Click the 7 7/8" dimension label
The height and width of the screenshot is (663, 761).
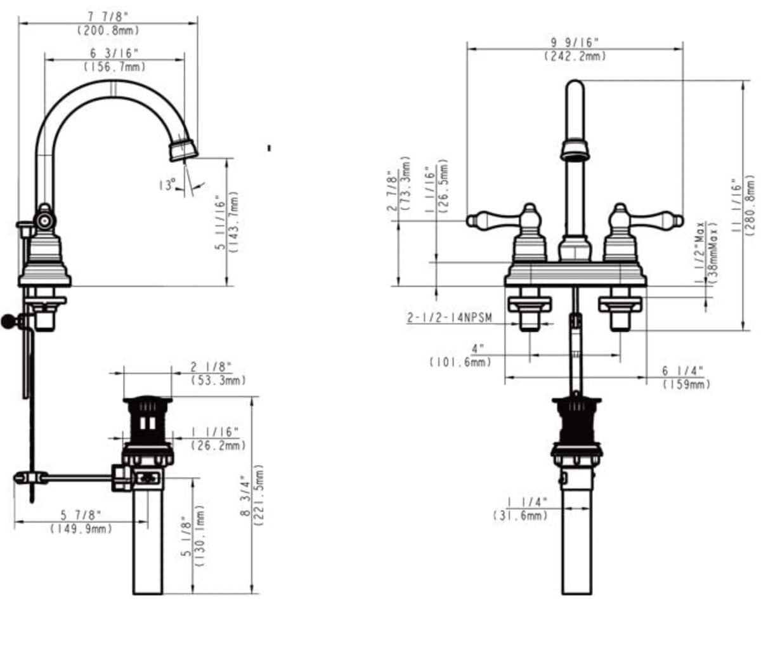coord(108,16)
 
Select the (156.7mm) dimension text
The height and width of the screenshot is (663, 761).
coord(115,66)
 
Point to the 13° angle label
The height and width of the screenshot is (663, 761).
coord(167,185)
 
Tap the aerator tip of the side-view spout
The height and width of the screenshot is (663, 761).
coord(183,150)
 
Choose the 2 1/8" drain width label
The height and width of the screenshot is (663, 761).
coord(211,367)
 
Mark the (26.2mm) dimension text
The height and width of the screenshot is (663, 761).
coord(218,445)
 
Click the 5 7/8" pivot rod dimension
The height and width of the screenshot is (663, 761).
coord(81,514)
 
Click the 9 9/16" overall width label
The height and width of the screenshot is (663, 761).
coord(575,42)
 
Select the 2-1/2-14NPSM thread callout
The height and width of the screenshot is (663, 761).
coord(449,318)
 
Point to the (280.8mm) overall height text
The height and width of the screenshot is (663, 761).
coord(751,204)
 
